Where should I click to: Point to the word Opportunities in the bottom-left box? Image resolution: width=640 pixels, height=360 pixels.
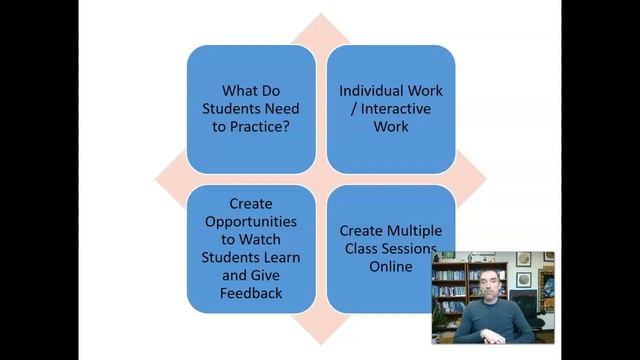click(244, 220)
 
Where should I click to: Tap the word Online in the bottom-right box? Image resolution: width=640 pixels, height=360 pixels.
click(390, 266)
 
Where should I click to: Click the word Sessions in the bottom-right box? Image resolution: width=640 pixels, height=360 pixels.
click(409, 248)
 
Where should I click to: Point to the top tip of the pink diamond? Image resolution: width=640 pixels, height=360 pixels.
click(320, 15)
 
